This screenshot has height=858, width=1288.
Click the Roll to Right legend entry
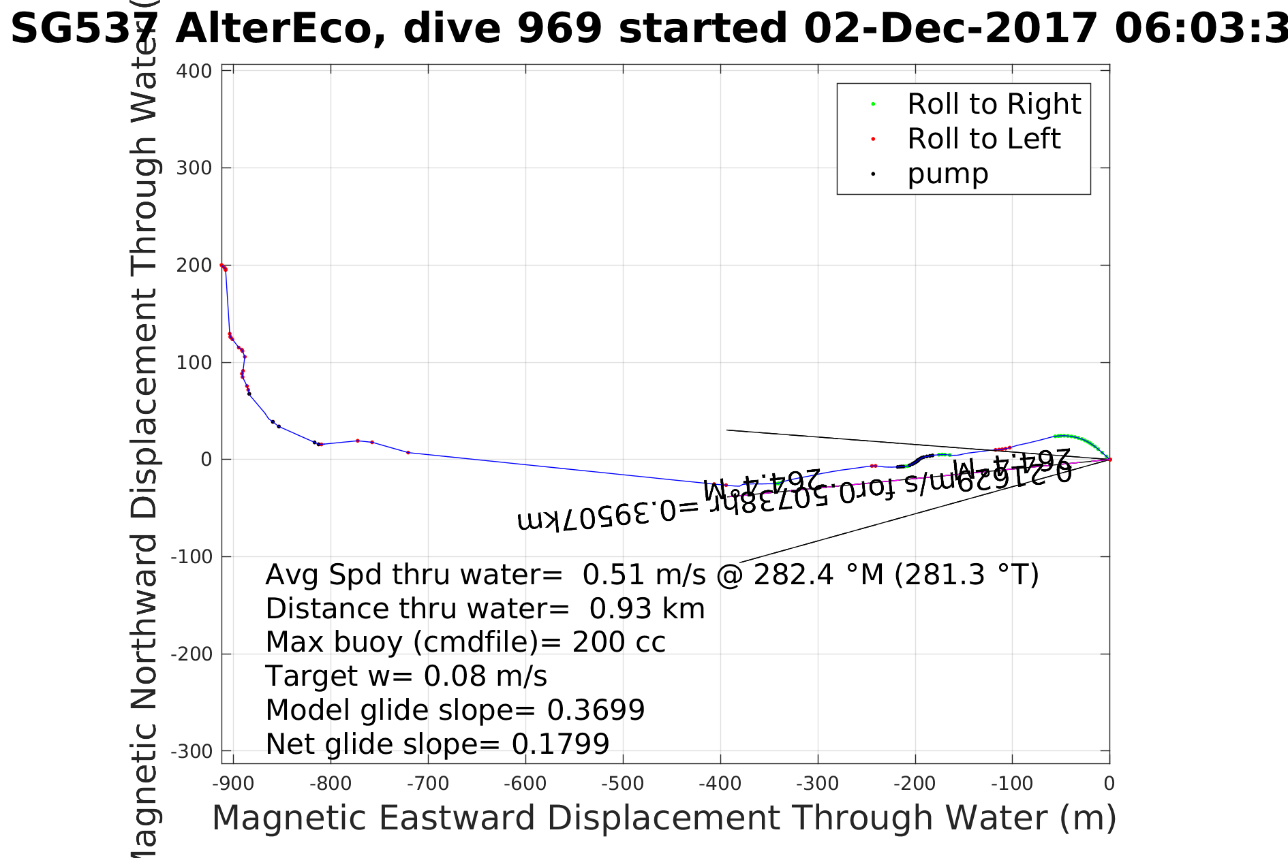[994, 104]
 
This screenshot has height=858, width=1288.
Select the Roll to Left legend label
[983, 139]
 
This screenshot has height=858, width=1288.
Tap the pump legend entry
[947, 174]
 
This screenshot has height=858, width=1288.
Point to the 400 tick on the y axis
[194, 71]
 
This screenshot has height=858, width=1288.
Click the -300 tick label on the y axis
[191, 752]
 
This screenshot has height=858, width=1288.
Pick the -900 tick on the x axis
[233, 784]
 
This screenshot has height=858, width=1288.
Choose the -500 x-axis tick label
[623, 784]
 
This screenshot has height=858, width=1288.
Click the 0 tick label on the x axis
[1109, 784]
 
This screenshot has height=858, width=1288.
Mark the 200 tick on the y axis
[194, 266]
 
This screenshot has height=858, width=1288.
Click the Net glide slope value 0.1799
[560, 744]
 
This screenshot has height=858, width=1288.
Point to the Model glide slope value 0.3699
[596, 710]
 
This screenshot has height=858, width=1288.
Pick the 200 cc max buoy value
[618, 642]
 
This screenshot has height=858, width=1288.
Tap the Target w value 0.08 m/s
[485, 676]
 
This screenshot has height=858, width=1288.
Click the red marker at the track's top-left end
[222, 265]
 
